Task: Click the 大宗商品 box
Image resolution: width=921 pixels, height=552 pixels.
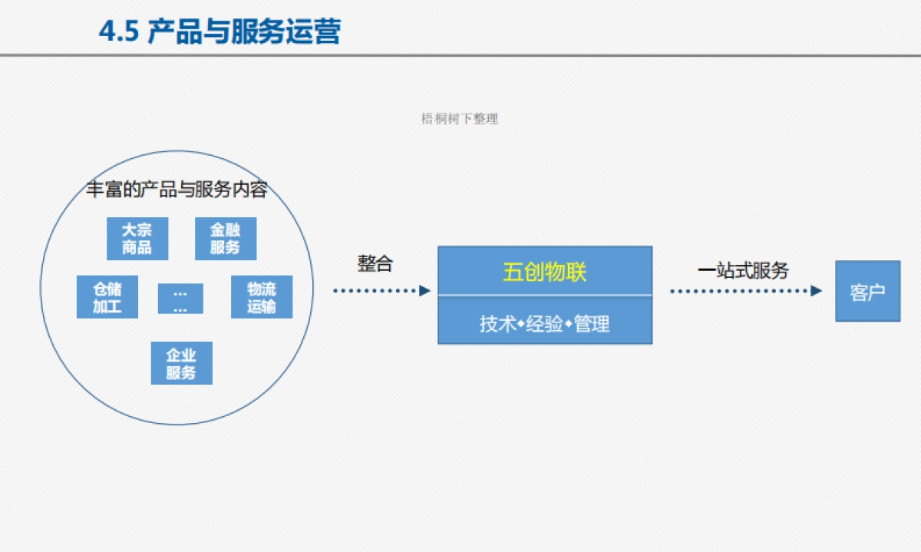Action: point(137,239)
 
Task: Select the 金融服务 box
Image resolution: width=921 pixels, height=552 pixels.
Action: point(225,239)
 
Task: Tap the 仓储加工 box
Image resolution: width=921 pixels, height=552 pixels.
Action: point(107,297)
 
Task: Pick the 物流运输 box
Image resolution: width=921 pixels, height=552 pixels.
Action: point(262,297)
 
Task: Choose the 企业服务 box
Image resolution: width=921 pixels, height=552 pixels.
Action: point(181,363)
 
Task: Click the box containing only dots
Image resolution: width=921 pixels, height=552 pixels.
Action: point(180,299)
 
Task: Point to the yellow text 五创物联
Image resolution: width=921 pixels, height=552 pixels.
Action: point(544,272)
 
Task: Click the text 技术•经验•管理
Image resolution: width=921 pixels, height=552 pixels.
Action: point(544,324)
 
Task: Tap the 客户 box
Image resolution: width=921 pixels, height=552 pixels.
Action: point(867,292)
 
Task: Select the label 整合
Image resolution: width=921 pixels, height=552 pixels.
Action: point(375,264)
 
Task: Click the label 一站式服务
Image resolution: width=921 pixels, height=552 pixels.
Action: point(743,270)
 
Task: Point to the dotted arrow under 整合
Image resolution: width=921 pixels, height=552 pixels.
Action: point(381,291)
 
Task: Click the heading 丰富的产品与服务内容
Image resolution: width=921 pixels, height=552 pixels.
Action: point(177,190)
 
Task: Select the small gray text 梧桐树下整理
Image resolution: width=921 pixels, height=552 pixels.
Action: point(460,119)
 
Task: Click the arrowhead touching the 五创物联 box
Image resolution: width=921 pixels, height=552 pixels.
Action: point(425,291)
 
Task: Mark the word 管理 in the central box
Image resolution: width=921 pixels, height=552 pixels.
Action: point(592,324)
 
